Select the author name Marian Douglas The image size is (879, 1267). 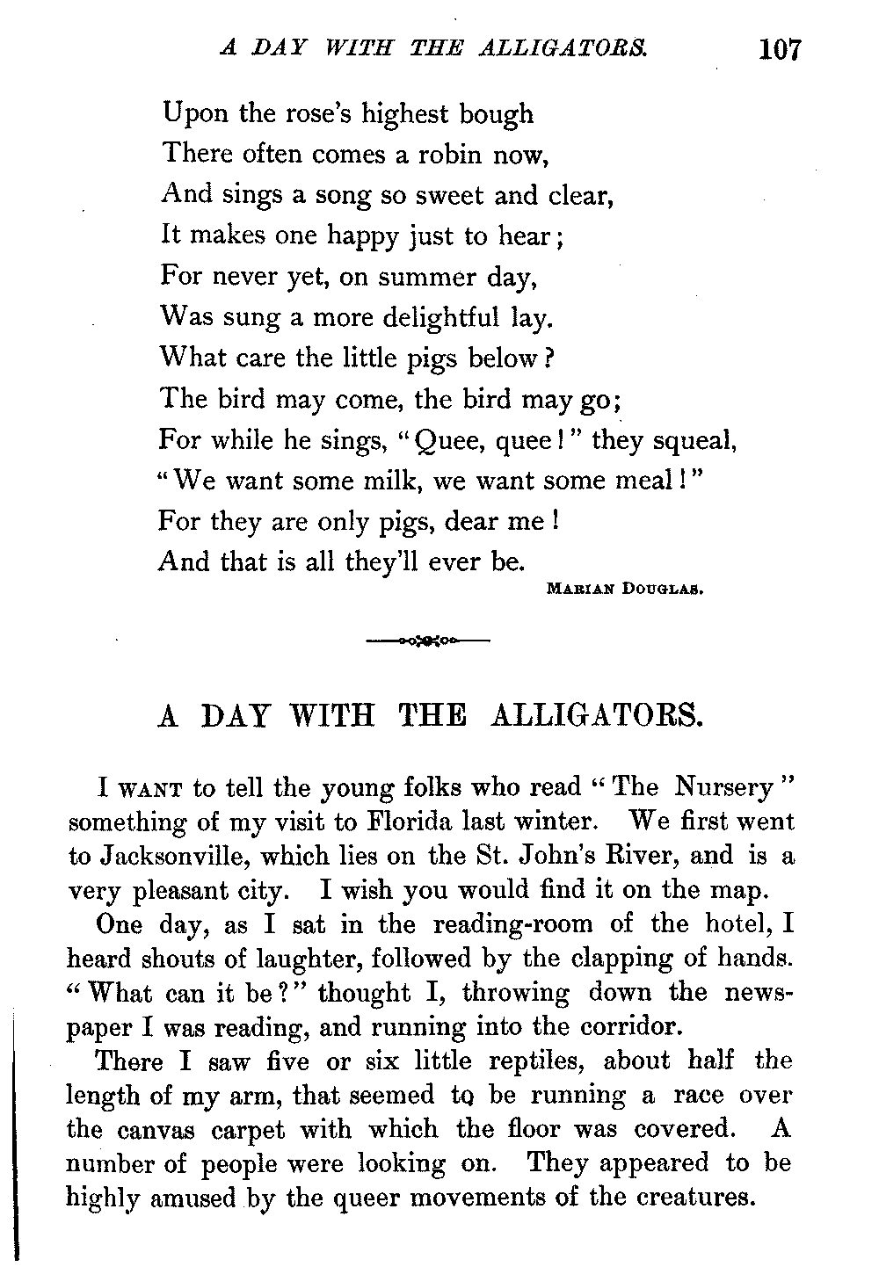point(622,590)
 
